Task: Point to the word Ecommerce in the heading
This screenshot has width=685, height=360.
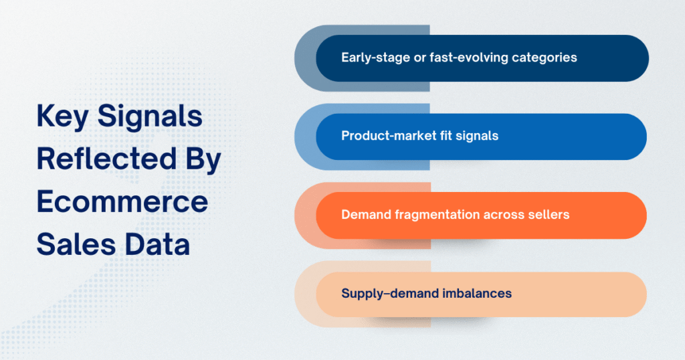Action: [x=122, y=202]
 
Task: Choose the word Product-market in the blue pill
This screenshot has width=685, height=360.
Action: [x=384, y=136]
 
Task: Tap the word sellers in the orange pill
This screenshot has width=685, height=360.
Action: [x=549, y=215]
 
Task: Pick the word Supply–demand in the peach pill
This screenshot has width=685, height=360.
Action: [x=383, y=293]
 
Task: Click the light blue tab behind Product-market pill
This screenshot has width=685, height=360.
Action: [x=305, y=137]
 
